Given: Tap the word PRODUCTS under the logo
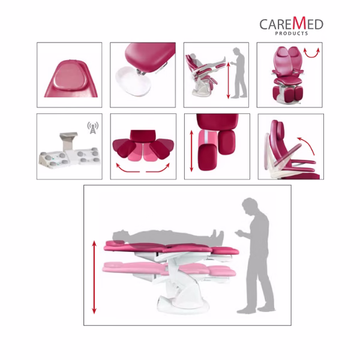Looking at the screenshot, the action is (292, 34).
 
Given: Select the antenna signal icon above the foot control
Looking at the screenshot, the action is (93, 128).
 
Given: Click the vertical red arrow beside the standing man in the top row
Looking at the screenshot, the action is (228, 80).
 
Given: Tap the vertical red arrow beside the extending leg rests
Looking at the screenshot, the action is (191, 151).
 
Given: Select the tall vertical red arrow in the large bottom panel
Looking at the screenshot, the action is (94, 277).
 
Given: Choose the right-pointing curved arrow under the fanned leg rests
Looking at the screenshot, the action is (159, 170).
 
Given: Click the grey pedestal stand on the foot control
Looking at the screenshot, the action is (68, 141).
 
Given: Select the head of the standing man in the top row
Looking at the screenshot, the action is (237, 51).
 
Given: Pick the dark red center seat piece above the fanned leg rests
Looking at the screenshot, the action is (143, 136).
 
